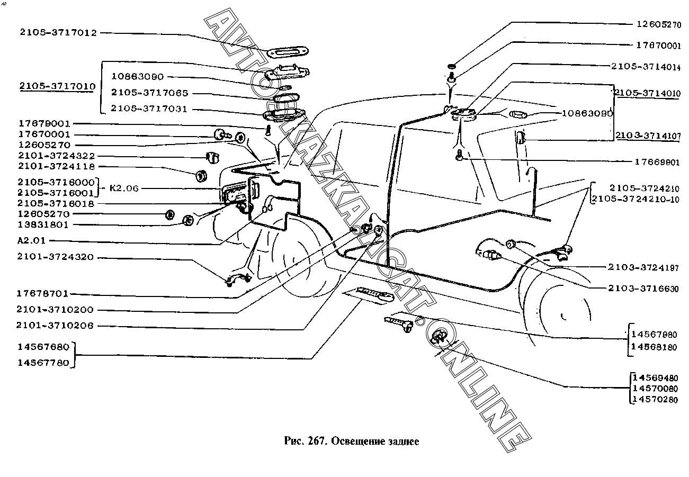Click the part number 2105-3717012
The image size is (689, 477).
pyautogui.click(x=58, y=33)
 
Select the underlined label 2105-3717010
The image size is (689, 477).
pyautogui.click(x=57, y=85)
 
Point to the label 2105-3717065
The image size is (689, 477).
pyautogui.click(x=149, y=93)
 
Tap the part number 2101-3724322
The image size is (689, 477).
pyautogui.click(x=56, y=156)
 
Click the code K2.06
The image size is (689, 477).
pyautogui.click(x=124, y=188)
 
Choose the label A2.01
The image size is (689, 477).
pyautogui.click(x=31, y=240)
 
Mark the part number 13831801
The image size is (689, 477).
pyautogui.click(x=43, y=224)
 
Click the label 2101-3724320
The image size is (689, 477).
pyautogui.click(x=55, y=257)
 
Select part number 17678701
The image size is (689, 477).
pyautogui.click(x=43, y=294)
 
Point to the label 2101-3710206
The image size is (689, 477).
pyautogui.click(x=55, y=326)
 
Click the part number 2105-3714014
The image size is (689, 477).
pyautogui.click(x=646, y=67)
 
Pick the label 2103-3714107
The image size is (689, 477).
pyautogui.click(x=648, y=136)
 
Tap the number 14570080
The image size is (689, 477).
pyautogui.click(x=655, y=389)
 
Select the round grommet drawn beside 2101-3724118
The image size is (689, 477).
pyautogui.click(x=201, y=175)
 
